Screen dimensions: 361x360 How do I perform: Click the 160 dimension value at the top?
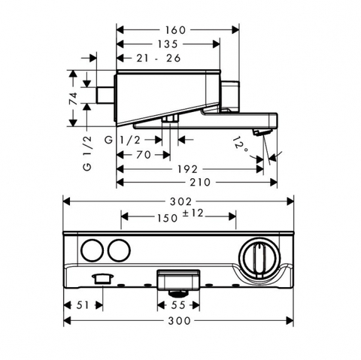coord(175,30)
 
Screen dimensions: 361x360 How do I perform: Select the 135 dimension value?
coord(168,44)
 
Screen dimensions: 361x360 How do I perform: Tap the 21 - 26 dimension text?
coord(159,58)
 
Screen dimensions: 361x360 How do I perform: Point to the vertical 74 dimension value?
coord(73,98)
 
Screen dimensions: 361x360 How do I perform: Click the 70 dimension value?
coord(144,155)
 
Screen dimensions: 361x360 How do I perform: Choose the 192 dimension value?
coord(188,169)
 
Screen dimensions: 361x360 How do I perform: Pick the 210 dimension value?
coord(200,182)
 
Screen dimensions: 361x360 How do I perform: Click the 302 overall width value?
coord(180,201)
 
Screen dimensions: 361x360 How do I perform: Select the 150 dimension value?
coord(167,218)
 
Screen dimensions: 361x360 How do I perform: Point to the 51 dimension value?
coord(83,305)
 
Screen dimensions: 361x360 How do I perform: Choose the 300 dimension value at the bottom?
coord(179,321)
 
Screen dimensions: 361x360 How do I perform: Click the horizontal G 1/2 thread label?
coord(123,140)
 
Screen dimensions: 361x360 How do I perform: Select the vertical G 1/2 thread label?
coord(87,153)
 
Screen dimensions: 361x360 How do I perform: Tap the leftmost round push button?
coord(93,250)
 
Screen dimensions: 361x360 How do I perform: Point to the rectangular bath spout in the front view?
coord(178,279)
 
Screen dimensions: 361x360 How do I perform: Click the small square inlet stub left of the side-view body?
coord(105,95)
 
